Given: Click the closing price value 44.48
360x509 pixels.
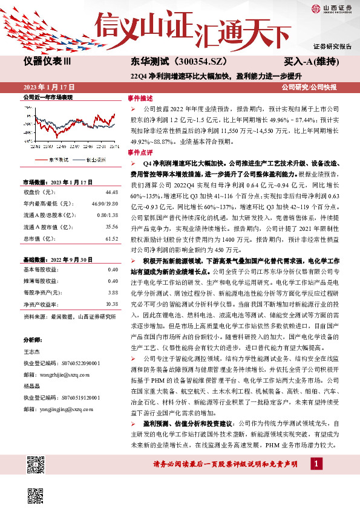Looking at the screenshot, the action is pos(111,192).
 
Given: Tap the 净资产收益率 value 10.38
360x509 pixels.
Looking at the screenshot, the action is pos(111,303).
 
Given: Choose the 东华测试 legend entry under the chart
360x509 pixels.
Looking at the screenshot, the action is pos(59,159).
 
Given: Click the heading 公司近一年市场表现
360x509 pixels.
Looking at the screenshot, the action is pos(48,97).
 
